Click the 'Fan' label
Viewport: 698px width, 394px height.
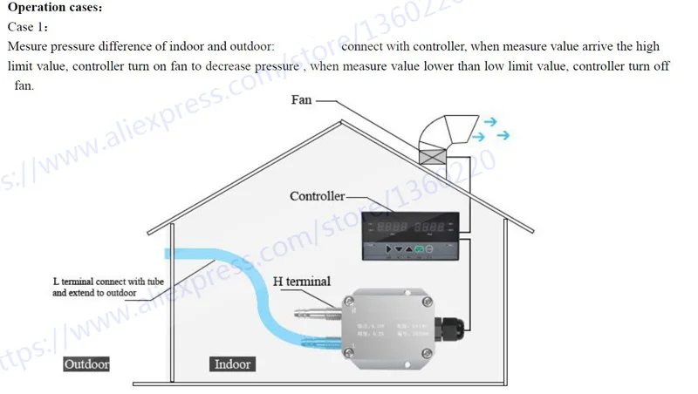301,100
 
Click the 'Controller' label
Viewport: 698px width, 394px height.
317,196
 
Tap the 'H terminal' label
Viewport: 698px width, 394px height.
302,282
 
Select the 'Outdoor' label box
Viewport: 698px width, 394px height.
86,363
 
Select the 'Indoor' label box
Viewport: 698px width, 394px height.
232,363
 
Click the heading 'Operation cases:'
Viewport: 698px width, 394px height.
55,8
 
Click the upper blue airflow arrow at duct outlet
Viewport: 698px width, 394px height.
489,123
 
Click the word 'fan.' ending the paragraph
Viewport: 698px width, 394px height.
24,85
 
